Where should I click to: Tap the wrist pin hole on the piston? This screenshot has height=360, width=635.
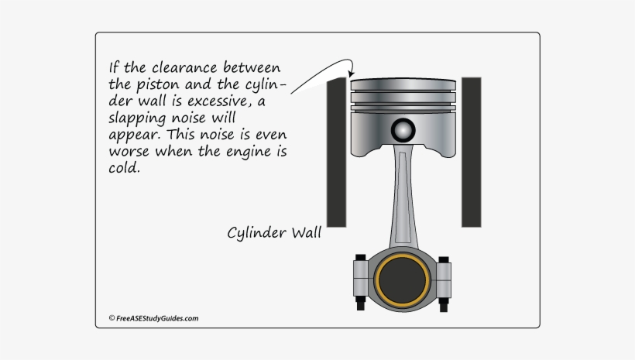click(x=403, y=129)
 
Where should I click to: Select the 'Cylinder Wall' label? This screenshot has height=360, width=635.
click(x=274, y=232)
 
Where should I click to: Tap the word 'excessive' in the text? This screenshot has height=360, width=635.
click(x=233, y=100)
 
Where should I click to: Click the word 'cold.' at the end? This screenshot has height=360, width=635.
click(x=125, y=166)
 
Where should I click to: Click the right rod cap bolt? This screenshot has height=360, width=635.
click(x=444, y=280)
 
